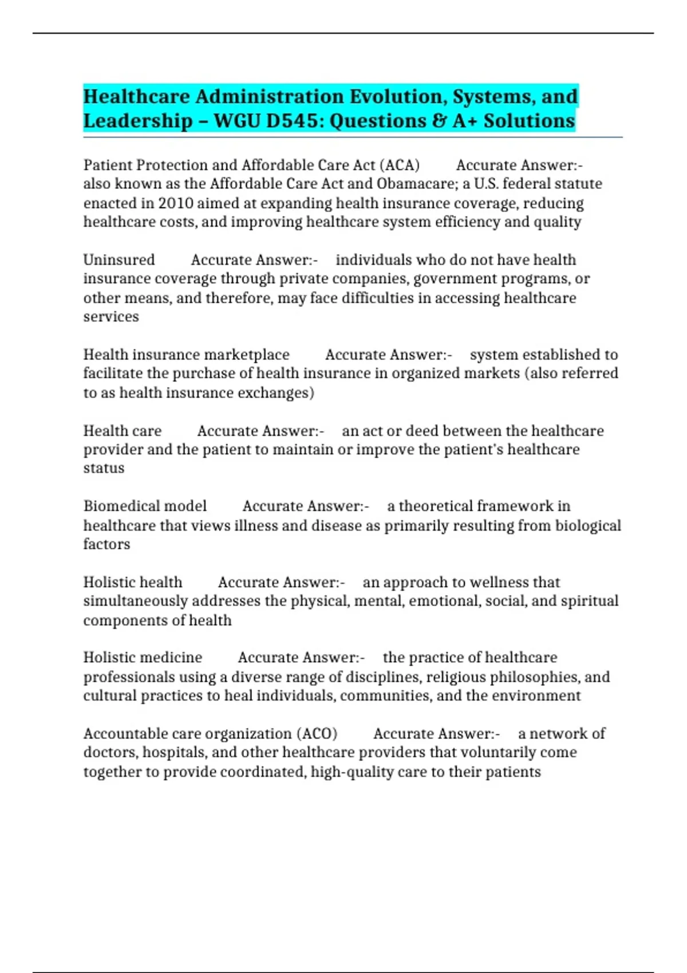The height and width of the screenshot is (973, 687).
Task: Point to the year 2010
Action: tap(175, 203)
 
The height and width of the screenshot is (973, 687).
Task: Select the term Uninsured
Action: tap(119, 260)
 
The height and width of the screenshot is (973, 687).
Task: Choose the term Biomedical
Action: tap(113, 506)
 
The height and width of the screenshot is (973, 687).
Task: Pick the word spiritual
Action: tap(590, 601)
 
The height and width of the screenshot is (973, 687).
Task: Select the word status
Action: tap(104, 468)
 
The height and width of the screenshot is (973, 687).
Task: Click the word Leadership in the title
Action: tap(138, 121)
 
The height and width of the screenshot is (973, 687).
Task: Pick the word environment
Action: tap(537, 695)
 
